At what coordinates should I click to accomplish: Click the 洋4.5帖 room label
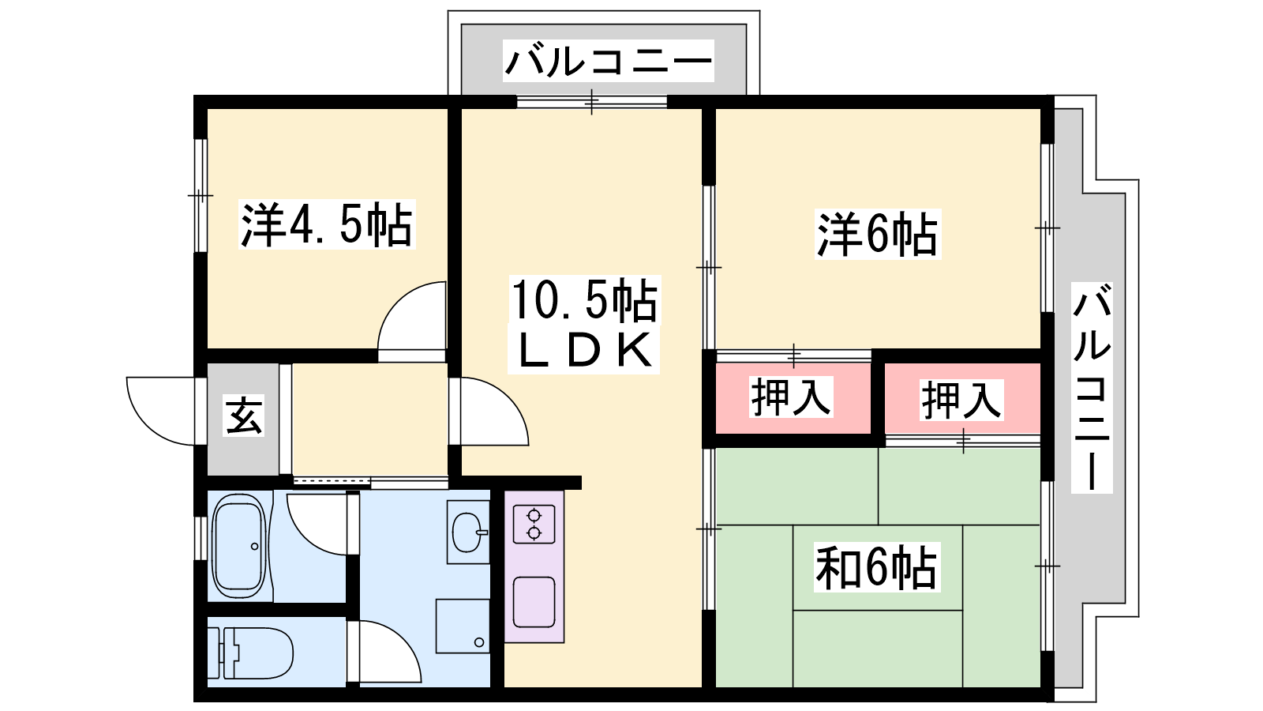point(327,224)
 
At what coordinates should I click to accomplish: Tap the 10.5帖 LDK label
point(583,324)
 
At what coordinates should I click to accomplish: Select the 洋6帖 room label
point(878,234)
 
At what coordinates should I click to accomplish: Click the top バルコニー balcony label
point(609,61)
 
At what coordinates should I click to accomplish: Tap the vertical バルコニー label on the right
point(1092,388)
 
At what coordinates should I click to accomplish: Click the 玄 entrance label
point(244,416)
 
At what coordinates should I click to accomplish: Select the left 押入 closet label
point(791,397)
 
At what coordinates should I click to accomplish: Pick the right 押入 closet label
point(961,400)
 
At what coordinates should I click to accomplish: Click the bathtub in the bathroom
point(239,546)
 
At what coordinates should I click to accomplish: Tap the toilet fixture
point(250,653)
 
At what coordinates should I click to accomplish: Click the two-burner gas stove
point(534,525)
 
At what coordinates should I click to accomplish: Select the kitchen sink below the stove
point(534,602)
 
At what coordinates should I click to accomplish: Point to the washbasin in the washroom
point(468,532)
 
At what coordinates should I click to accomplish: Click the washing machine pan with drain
point(463,626)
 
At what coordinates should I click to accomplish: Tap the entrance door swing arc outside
point(161,411)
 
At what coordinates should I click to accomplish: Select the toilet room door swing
point(390,652)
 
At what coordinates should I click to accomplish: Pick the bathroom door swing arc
point(317,525)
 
